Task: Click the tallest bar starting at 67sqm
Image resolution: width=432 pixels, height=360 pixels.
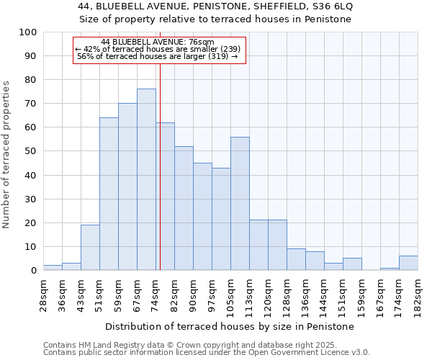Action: pyautogui.click(x=146, y=179)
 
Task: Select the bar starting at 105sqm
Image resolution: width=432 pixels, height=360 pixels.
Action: pyautogui.click(x=240, y=203)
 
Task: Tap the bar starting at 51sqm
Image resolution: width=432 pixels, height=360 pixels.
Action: pyautogui.click(x=109, y=194)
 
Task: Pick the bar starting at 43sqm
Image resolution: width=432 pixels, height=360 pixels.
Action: pyautogui.click(x=90, y=247)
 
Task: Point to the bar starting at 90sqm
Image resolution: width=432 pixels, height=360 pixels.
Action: pyautogui.click(x=202, y=216)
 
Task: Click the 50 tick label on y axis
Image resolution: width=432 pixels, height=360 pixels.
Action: pyautogui.click(x=30, y=151)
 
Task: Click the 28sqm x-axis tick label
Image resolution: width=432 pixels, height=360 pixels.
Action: pyautogui.click(x=43, y=294)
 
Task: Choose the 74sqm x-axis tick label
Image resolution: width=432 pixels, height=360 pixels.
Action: pyautogui.click(x=156, y=294)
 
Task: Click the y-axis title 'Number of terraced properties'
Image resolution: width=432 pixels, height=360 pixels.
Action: pyautogui.click(x=6, y=154)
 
